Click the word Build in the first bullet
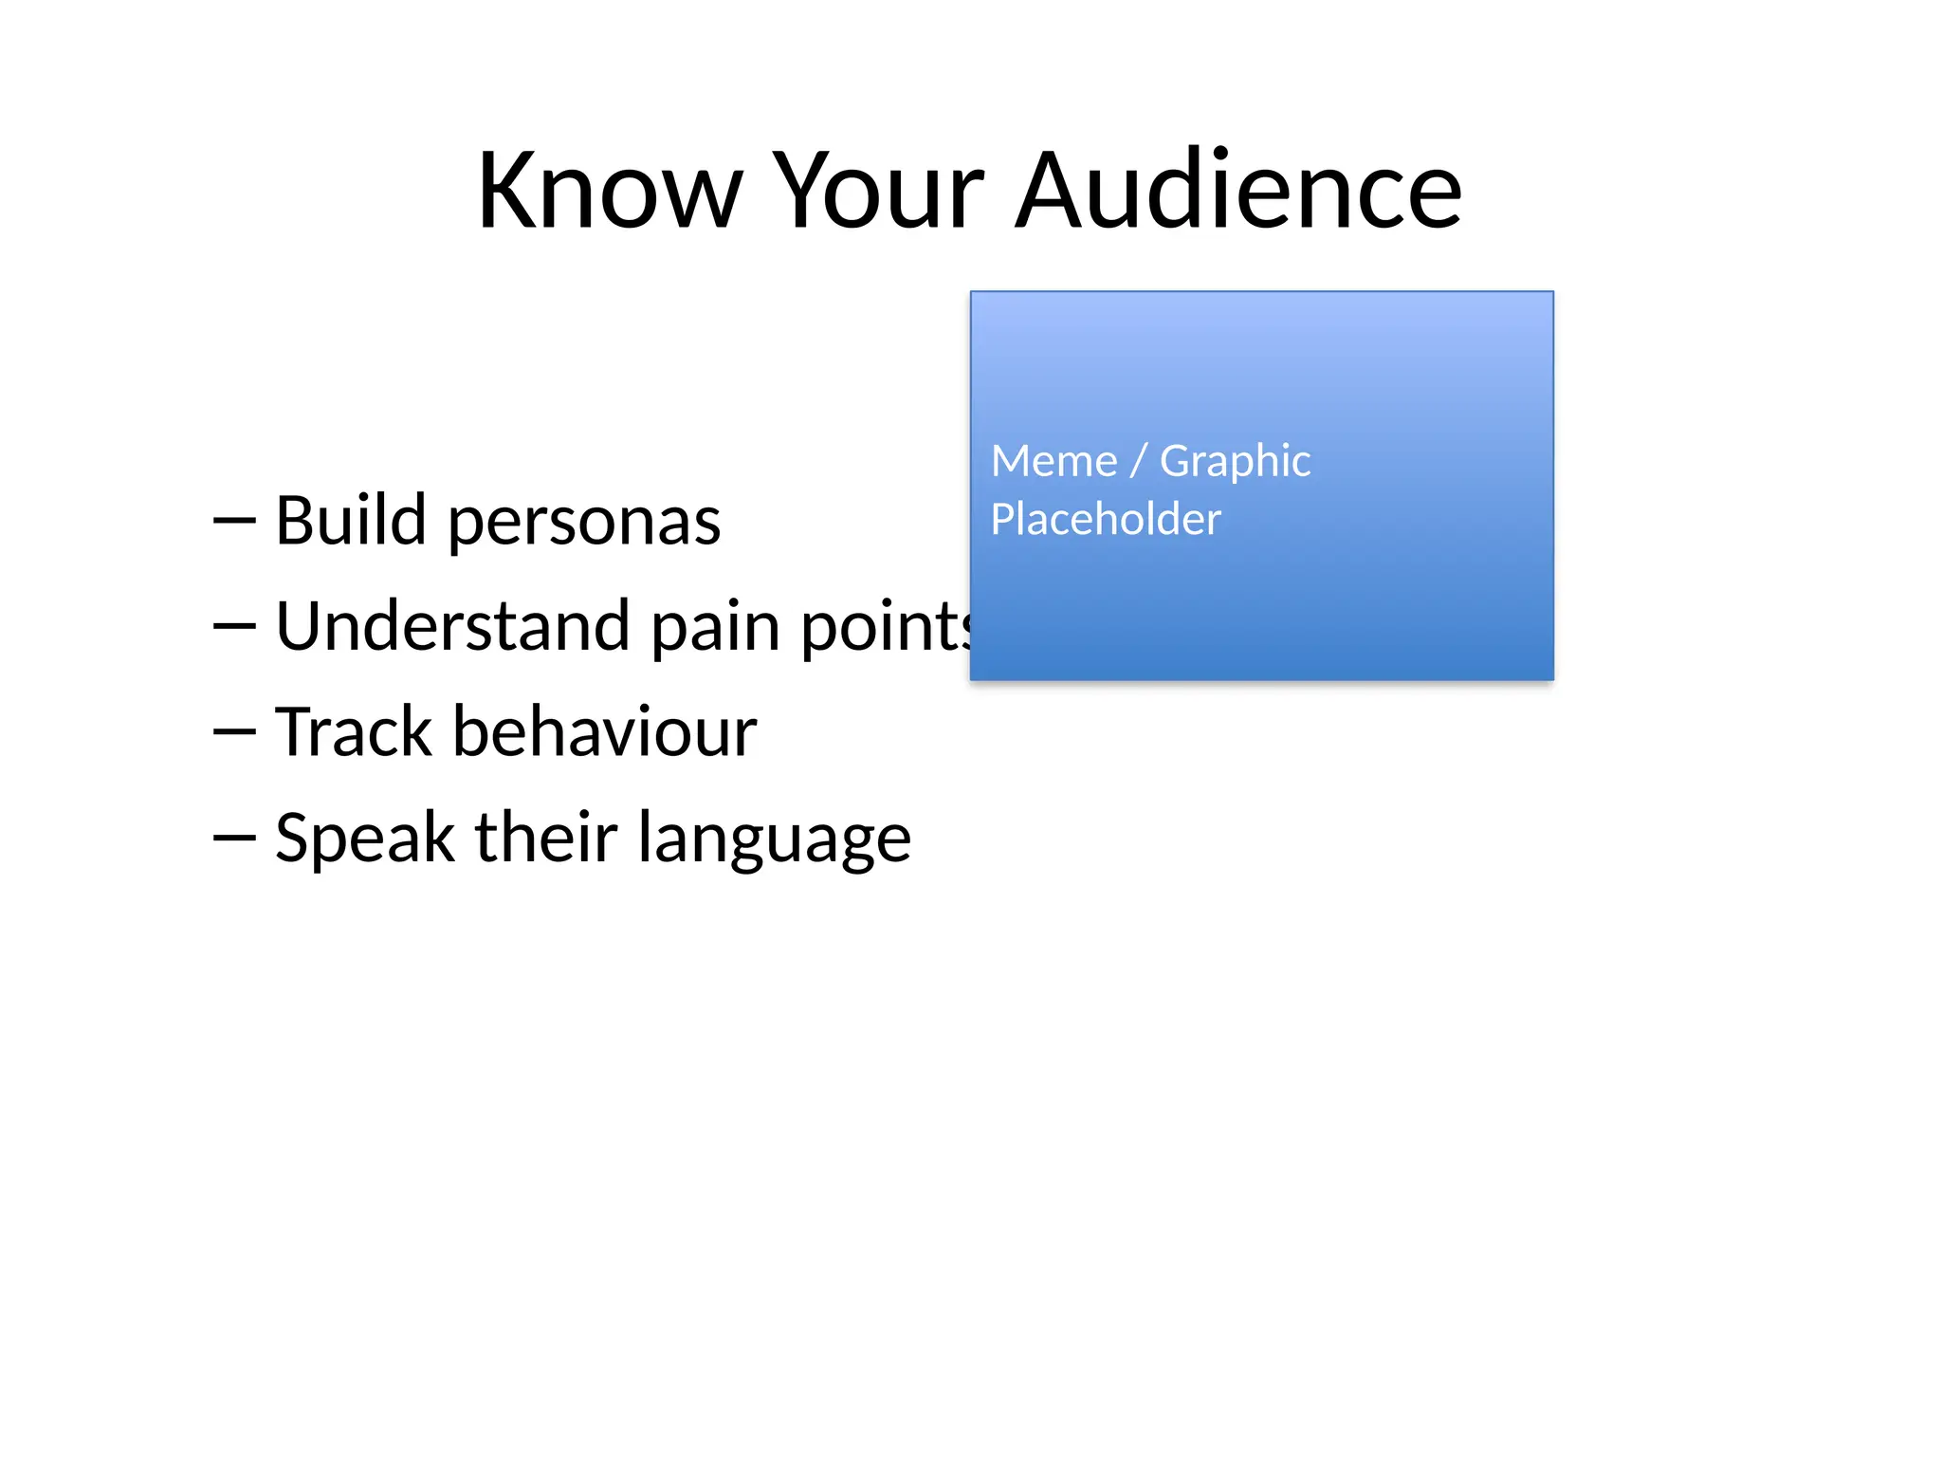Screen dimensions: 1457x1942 click(350, 521)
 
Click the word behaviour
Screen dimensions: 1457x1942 click(605, 732)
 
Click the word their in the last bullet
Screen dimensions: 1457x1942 click(546, 838)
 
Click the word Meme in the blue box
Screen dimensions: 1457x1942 click(1053, 462)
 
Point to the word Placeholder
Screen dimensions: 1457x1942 click(1106, 520)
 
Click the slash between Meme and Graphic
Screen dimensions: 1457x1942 click(1139, 462)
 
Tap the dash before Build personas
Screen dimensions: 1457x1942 click(234, 521)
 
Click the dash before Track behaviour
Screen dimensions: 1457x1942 click(234, 732)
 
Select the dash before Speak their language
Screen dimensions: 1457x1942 click(234, 838)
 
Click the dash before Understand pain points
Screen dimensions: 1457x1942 click(234, 626)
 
